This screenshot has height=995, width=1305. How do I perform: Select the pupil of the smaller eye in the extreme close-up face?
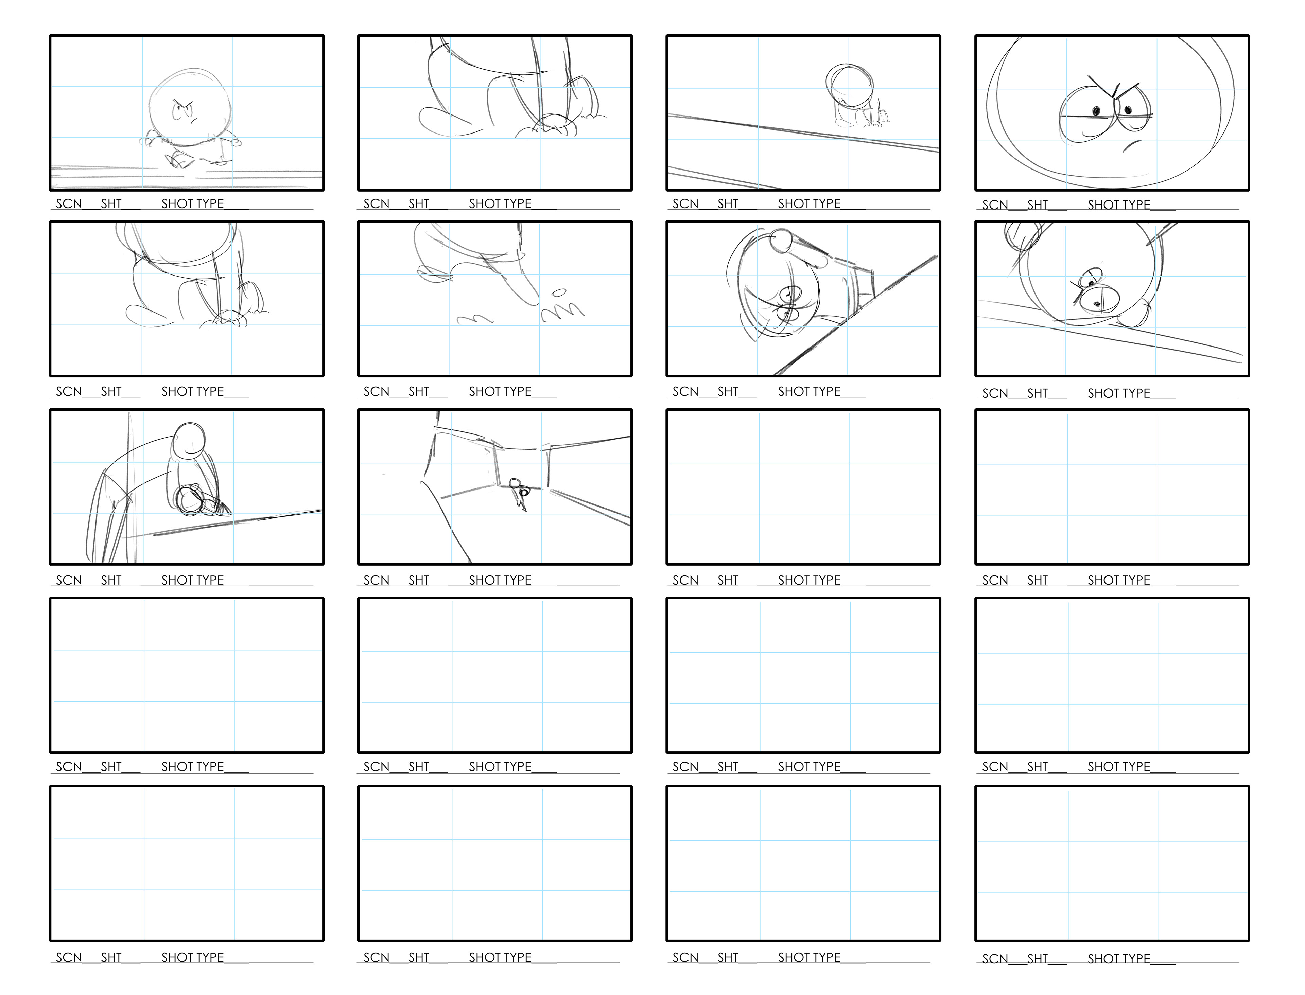coord(1096,111)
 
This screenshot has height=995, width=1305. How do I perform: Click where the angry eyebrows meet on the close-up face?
coord(1114,95)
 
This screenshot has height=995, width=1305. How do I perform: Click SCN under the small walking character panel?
coord(69,204)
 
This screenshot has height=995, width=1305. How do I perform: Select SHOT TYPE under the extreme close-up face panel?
coord(1118,205)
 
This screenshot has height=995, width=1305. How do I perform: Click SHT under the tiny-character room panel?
coord(419,581)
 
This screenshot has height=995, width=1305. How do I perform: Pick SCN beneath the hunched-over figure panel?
coord(69,581)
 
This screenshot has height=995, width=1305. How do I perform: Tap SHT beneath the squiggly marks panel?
coord(419,391)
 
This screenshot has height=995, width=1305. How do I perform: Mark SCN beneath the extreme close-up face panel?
coord(995,205)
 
